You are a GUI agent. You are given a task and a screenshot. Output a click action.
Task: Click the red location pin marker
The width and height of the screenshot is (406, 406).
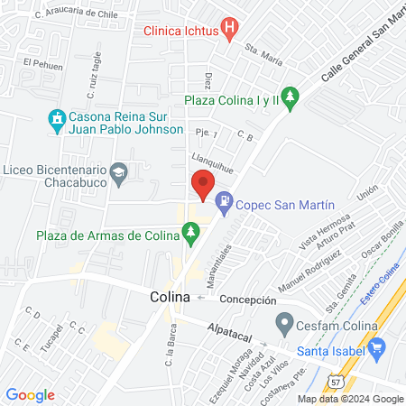coord(202,186)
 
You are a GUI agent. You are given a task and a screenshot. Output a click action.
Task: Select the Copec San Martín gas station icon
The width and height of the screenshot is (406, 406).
coord(224,205)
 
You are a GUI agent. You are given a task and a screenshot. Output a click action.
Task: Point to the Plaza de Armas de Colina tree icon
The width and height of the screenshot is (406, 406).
coord(190,235)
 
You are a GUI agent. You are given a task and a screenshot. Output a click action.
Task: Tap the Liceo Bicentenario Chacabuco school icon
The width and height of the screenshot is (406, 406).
coord(118,171)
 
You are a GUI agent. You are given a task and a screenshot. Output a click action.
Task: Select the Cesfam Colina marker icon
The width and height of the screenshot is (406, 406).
coord(285,322)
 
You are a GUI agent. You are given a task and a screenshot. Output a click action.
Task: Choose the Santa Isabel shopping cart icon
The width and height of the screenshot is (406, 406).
coord(377,347)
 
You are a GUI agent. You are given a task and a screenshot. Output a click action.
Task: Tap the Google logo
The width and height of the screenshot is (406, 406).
coord(31,395)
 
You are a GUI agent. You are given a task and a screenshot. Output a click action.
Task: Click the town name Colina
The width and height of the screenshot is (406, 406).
coord(170,297)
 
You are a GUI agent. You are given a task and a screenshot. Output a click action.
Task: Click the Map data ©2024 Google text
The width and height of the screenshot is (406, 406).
coord(351,399)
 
